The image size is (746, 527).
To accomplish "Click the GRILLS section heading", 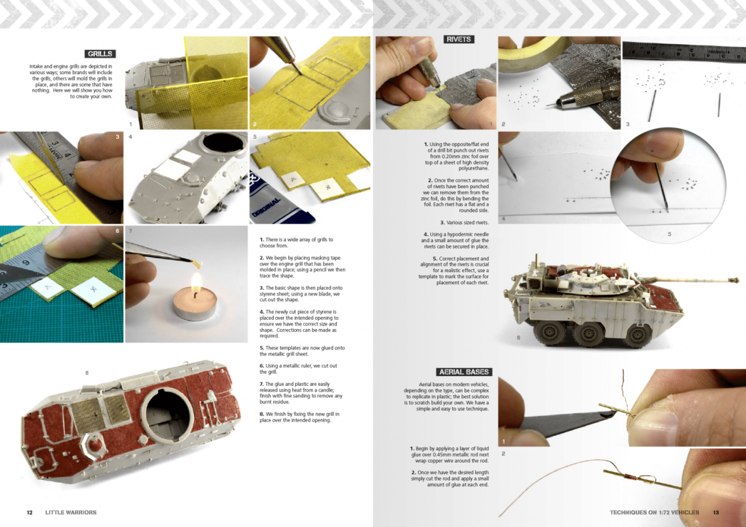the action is (x=100, y=54).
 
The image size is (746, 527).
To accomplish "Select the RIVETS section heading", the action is (x=459, y=39).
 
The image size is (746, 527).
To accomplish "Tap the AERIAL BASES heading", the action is (x=464, y=372).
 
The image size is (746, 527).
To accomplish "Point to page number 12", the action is (x=29, y=512).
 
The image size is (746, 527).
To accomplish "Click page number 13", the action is (x=716, y=512).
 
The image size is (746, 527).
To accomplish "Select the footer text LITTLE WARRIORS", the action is (x=71, y=512).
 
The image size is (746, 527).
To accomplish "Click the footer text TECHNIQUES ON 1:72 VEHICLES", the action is (x=654, y=512).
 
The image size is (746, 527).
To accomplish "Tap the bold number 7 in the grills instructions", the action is (x=262, y=384).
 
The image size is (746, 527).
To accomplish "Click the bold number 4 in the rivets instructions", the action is (x=426, y=235).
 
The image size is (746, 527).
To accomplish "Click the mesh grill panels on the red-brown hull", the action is (x=100, y=412).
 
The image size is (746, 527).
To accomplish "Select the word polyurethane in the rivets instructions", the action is (x=473, y=169).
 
